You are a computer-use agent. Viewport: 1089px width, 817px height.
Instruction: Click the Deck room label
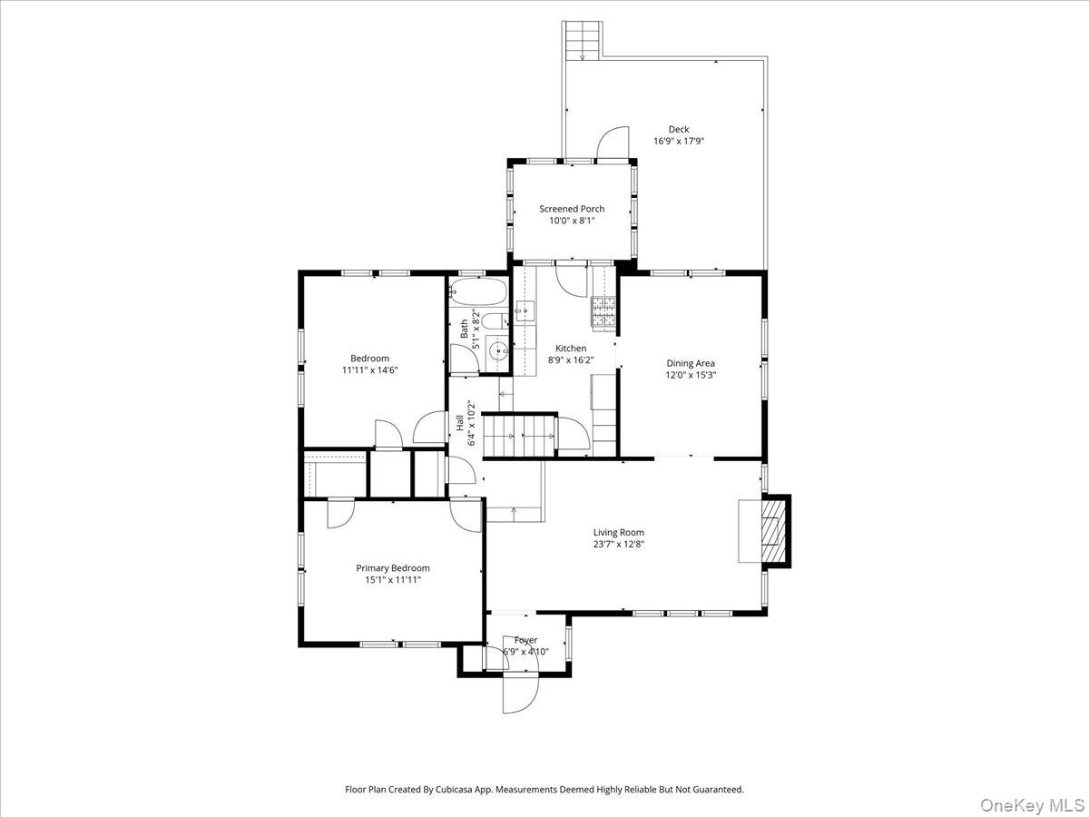click(x=678, y=130)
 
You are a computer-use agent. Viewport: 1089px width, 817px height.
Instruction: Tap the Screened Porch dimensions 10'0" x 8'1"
click(x=572, y=221)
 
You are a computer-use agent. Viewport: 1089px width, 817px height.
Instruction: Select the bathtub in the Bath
click(x=478, y=291)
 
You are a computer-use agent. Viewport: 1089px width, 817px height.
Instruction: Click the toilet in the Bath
click(x=495, y=321)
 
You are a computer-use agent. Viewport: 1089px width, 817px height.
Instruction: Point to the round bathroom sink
click(x=497, y=352)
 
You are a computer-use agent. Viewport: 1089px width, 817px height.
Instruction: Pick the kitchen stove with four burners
click(x=603, y=311)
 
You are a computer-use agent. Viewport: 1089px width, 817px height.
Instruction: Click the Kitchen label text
click(x=571, y=349)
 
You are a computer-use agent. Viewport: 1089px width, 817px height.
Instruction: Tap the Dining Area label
click(x=691, y=363)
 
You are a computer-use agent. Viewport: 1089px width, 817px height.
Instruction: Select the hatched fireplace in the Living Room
click(x=774, y=531)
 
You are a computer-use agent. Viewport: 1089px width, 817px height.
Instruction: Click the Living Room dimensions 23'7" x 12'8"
click(x=619, y=544)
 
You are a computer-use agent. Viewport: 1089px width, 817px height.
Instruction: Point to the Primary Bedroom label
click(x=393, y=568)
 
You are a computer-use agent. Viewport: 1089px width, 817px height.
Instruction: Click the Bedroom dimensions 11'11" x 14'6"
click(x=370, y=370)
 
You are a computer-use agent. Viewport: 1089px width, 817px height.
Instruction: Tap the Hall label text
click(x=460, y=423)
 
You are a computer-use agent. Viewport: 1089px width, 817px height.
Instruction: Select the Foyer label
click(x=525, y=640)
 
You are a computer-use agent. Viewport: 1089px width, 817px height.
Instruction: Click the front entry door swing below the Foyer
click(x=521, y=694)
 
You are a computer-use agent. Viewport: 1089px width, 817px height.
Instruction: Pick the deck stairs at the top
click(x=583, y=41)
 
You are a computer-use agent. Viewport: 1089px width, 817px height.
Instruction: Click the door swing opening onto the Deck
click(x=613, y=143)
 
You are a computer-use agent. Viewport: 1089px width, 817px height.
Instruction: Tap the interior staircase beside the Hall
click(x=520, y=436)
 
